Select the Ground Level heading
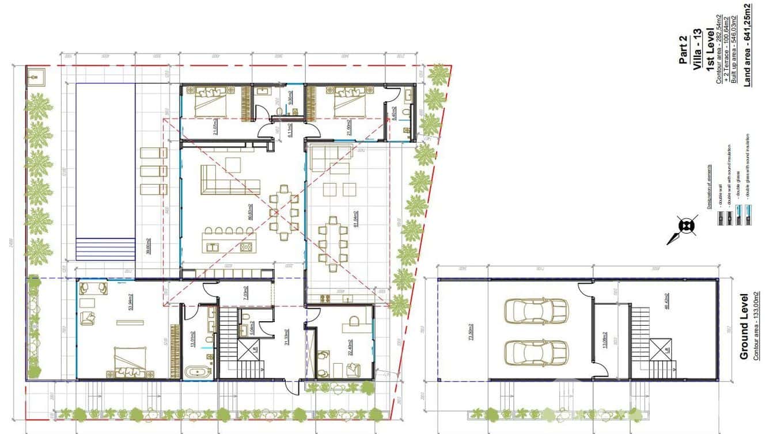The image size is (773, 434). [x=744, y=326]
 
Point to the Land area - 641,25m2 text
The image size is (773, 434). [x=748, y=45]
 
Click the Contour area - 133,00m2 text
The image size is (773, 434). [x=756, y=326]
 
